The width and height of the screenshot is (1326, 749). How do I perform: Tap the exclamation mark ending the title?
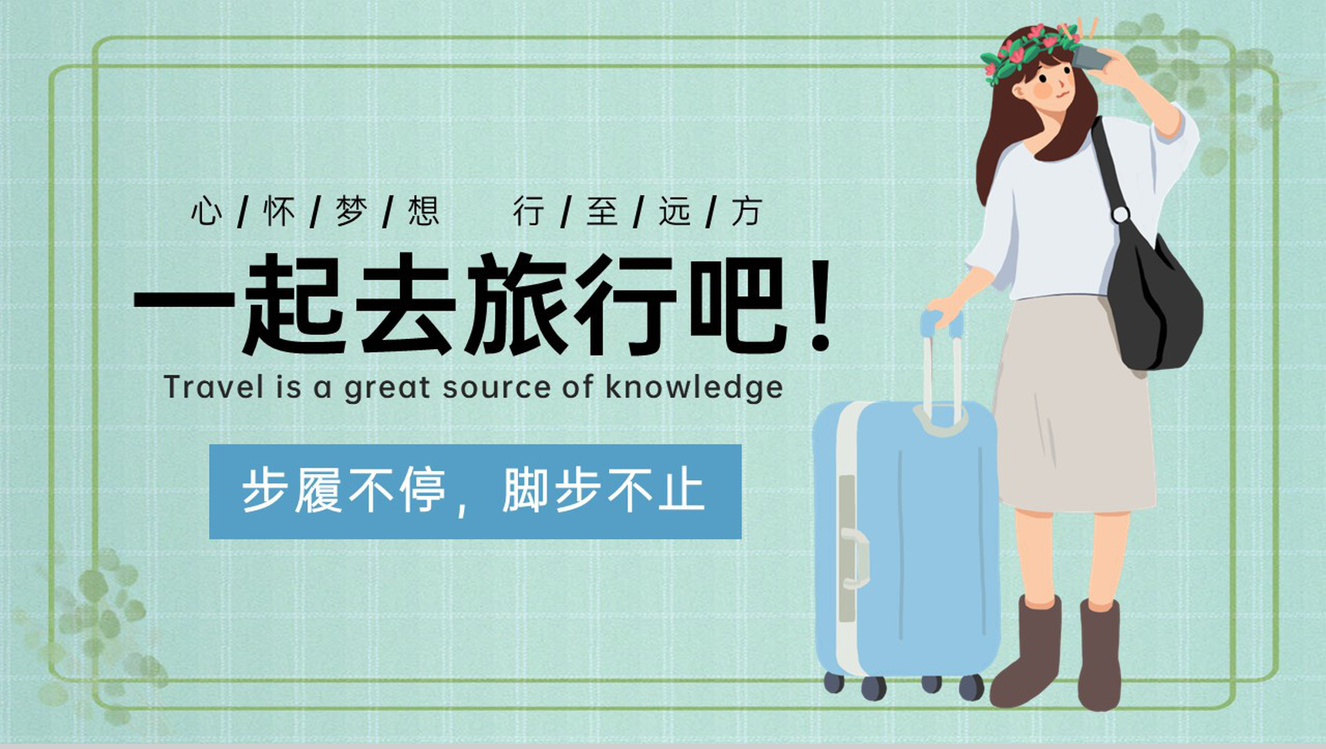(x=821, y=304)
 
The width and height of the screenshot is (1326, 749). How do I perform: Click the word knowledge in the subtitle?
(x=694, y=388)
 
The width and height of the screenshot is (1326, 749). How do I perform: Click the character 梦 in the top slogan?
(x=351, y=210)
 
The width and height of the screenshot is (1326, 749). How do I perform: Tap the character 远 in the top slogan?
(x=674, y=210)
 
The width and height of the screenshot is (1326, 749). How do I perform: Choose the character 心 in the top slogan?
(x=207, y=210)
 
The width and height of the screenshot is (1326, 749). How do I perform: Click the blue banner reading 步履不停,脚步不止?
(x=475, y=491)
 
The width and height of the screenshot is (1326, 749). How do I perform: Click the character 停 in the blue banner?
(x=422, y=490)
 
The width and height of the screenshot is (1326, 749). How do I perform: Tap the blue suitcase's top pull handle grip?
(x=941, y=323)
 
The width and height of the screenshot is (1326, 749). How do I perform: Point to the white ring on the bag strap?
(x=1120, y=214)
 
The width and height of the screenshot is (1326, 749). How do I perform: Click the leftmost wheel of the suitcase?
(x=833, y=682)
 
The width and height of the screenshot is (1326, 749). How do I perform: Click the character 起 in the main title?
(x=293, y=304)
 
